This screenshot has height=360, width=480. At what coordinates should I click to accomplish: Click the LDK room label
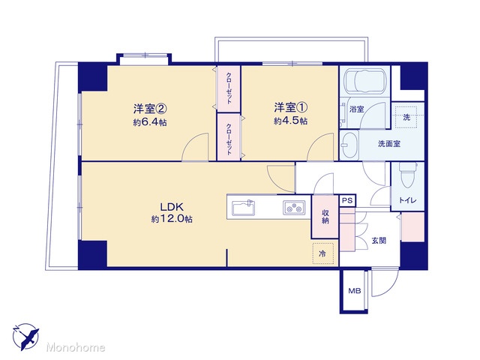point(172,207)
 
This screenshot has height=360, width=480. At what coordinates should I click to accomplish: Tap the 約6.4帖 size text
point(150,122)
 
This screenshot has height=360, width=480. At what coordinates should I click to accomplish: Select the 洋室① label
point(291,107)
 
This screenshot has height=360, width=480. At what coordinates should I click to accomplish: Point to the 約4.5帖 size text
point(291,121)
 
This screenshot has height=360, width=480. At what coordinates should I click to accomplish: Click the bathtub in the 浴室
point(364,81)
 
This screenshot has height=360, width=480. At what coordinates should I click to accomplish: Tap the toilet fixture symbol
point(407,175)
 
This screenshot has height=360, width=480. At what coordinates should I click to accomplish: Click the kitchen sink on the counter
point(244,208)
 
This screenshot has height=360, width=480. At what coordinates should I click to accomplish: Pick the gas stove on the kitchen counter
point(294,207)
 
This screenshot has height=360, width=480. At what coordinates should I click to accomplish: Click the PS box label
point(347,201)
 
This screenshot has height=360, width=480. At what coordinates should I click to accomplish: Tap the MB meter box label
point(355,291)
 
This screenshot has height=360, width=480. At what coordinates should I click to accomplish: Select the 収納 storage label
point(325,217)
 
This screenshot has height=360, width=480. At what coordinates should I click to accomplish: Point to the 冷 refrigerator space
point(322,253)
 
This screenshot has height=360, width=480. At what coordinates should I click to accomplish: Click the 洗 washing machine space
point(406,117)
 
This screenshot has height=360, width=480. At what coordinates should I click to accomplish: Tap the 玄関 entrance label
point(379,240)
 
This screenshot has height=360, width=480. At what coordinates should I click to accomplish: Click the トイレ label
point(407,200)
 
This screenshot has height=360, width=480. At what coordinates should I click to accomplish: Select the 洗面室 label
point(389,143)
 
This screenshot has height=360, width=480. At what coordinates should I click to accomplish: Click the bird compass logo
point(25,337)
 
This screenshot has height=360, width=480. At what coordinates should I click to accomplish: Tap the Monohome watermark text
point(76,347)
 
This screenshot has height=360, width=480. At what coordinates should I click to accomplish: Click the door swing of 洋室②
point(195,147)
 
